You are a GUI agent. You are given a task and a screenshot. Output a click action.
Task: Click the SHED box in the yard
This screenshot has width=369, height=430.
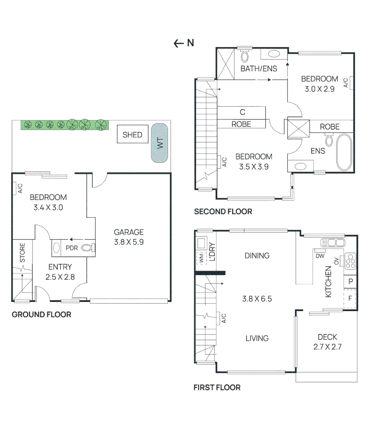click(132, 135)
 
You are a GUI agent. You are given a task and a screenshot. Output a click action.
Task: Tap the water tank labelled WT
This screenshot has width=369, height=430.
click(160, 143)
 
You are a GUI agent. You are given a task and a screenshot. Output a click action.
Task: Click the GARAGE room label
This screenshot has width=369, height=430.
click(129, 232)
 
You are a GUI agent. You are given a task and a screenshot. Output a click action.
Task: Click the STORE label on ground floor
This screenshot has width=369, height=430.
click(23, 252)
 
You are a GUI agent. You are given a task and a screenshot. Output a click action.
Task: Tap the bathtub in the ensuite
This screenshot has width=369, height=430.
click(344, 152)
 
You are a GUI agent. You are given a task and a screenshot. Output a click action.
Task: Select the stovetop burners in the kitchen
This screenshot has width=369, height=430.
click(350, 261)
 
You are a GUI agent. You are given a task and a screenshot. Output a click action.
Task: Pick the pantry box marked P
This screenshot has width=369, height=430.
click(350, 281)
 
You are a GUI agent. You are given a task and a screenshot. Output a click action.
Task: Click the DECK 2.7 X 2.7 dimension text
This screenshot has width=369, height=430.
click(327, 347)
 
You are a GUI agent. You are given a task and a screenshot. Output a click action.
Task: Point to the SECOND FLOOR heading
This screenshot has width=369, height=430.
click(223, 211)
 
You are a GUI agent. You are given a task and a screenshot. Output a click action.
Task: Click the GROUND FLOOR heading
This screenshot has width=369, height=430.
click(41, 315)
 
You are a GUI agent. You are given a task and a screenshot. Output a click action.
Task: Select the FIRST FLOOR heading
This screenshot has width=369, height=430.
click(217, 387)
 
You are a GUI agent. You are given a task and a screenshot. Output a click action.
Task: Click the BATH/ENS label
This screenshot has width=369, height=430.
click(259, 68)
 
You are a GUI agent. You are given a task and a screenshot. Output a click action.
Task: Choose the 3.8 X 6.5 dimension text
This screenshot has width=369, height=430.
click(257, 299)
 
